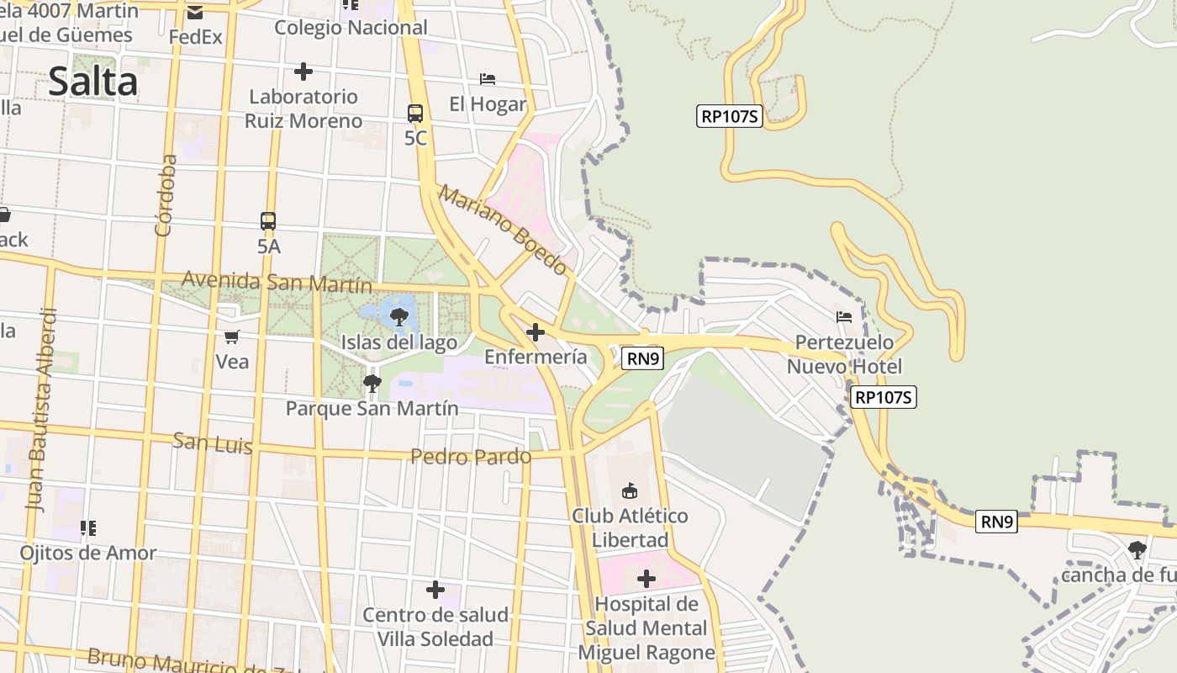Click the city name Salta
point(92,82)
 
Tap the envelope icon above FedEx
point(195,13)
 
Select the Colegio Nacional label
point(351,28)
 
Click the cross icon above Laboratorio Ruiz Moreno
point(303,72)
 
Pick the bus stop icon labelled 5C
point(415,114)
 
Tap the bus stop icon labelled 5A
point(268,221)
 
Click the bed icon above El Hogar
point(488,79)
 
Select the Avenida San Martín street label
point(277,281)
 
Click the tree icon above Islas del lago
point(399,317)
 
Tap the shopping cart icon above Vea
point(232,337)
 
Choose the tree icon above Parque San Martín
point(372,384)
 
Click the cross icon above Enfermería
point(535,332)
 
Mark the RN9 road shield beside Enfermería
point(644,359)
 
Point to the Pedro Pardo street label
point(471,457)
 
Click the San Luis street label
point(213,442)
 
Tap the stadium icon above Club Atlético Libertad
point(629,490)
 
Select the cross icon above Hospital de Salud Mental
point(647,579)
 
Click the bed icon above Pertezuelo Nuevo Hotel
point(844,317)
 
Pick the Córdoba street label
point(166,194)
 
